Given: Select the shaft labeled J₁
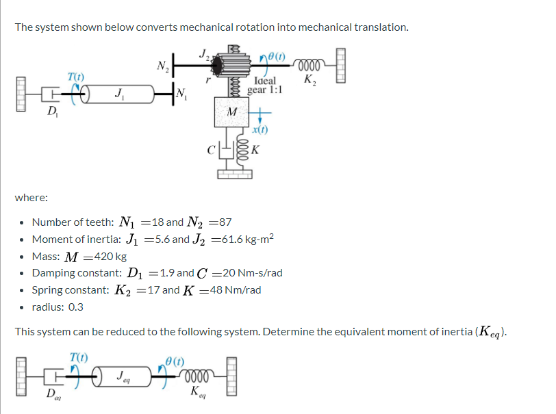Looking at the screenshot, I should click(120, 92).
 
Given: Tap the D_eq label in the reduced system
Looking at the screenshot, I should click(51, 396).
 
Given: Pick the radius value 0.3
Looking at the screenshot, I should click(75, 307).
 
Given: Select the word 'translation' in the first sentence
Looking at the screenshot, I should click(380, 27).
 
